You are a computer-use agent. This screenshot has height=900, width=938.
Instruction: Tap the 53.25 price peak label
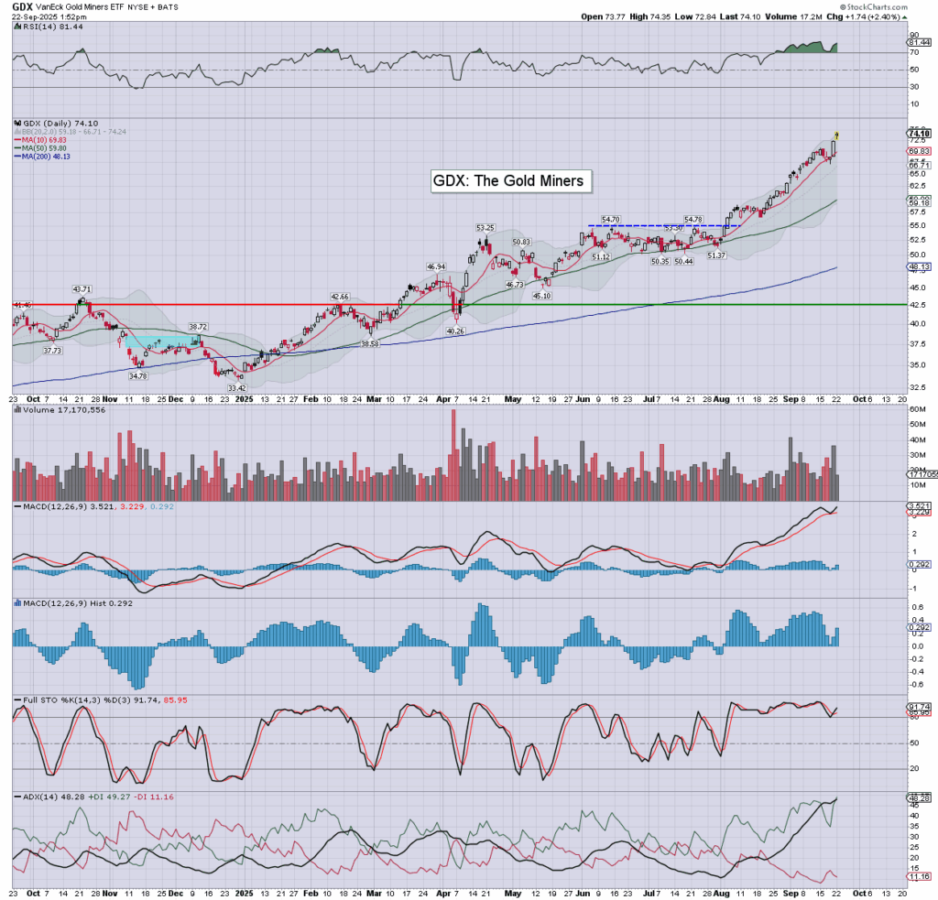(485, 228)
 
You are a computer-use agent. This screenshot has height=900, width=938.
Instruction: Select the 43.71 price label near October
(82, 289)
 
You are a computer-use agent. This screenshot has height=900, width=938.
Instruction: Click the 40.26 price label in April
(455, 331)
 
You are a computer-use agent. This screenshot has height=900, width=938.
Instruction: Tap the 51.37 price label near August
(716, 255)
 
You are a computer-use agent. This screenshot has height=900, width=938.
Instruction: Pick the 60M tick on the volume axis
(915, 424)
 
